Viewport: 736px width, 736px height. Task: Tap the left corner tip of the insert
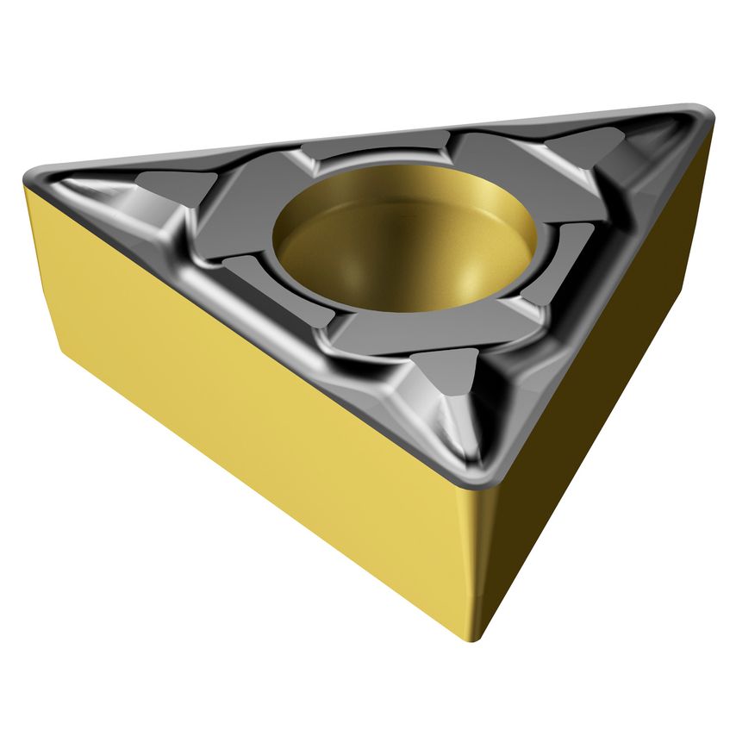[x=29, y=176]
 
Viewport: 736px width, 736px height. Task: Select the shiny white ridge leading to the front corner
[x=461, y=422]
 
